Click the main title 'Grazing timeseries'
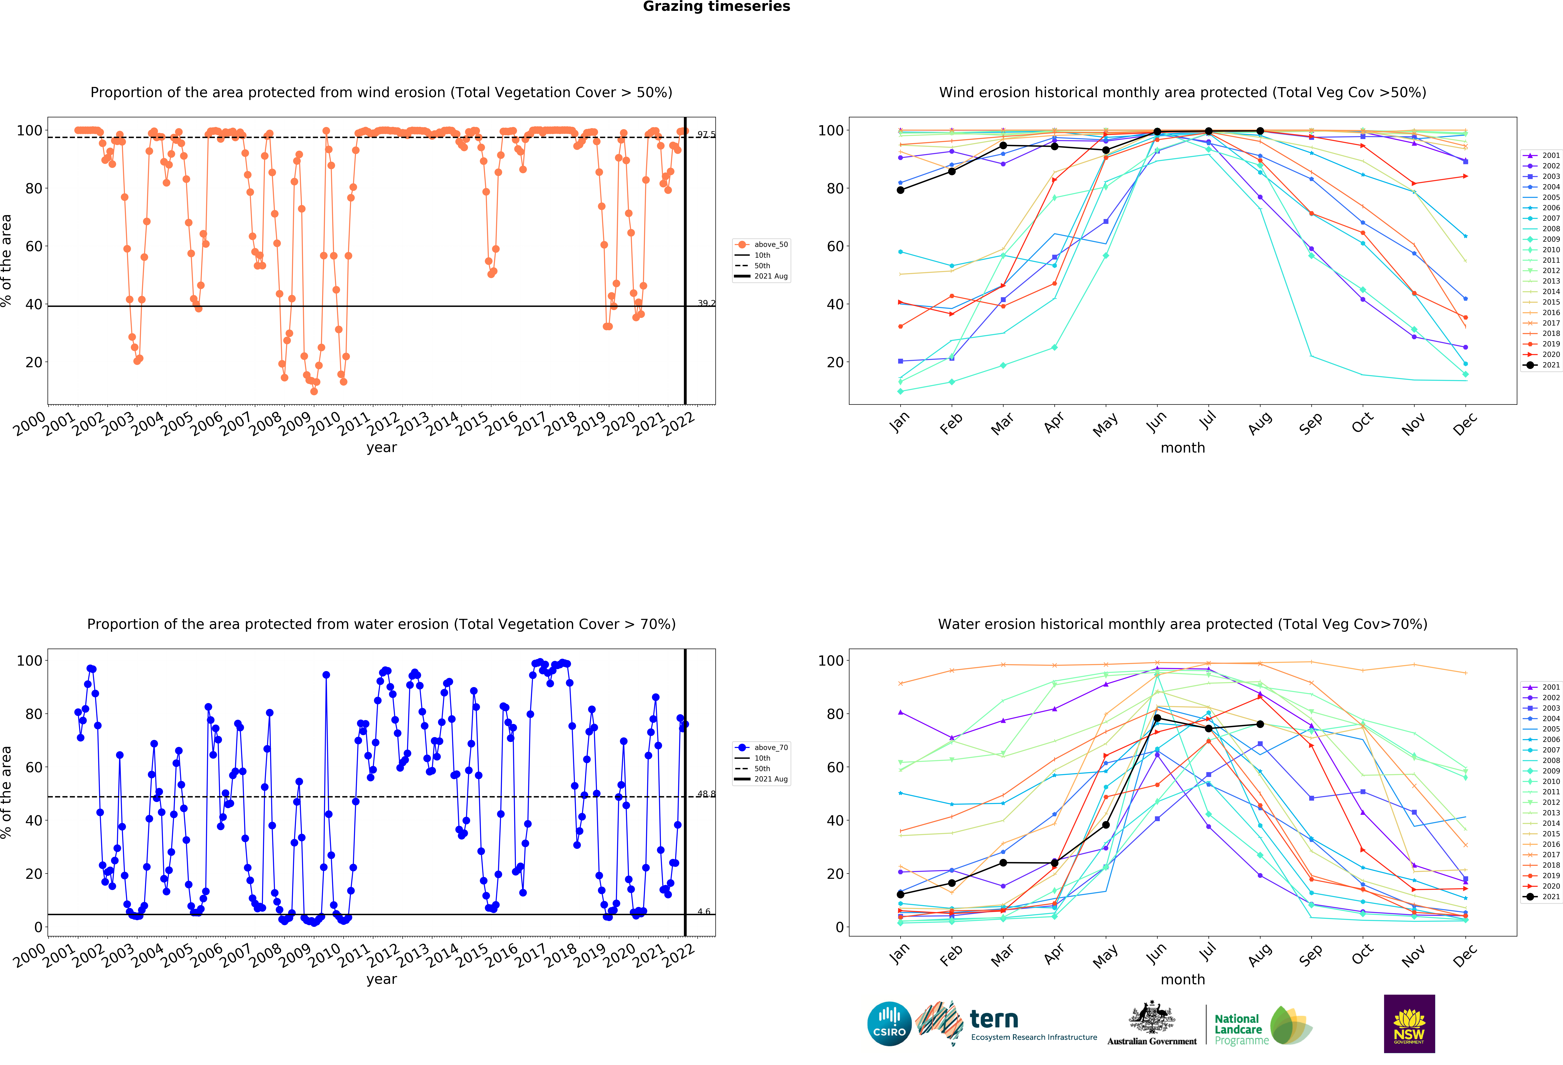pos(716,7)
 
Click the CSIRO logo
pos(889,1024)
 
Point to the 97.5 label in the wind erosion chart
pos(706,135)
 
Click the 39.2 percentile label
pos(706,303)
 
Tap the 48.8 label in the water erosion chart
pos(706,794)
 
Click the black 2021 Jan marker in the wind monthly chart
pos(900,190)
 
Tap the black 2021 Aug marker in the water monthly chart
pos(1260,724)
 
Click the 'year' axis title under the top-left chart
pos(381,448)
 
